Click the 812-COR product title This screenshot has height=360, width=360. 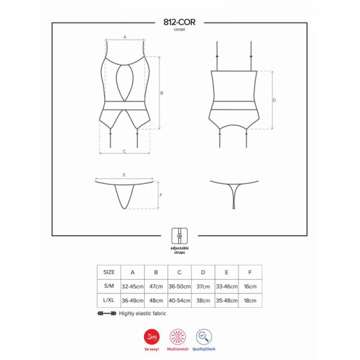coord(179,22)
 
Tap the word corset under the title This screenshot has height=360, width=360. coord(179,29)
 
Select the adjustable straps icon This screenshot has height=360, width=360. coord(179,236)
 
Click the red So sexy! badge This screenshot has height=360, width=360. coord(152,337)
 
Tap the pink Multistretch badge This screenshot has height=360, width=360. coord(178,337)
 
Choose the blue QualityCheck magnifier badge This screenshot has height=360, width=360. coord(204,337)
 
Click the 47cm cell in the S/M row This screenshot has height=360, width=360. coord(156,286)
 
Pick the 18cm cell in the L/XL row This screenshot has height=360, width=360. coord(250,301)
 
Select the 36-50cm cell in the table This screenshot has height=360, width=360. coord(179,286)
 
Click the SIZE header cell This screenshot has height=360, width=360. coord(109,272)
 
